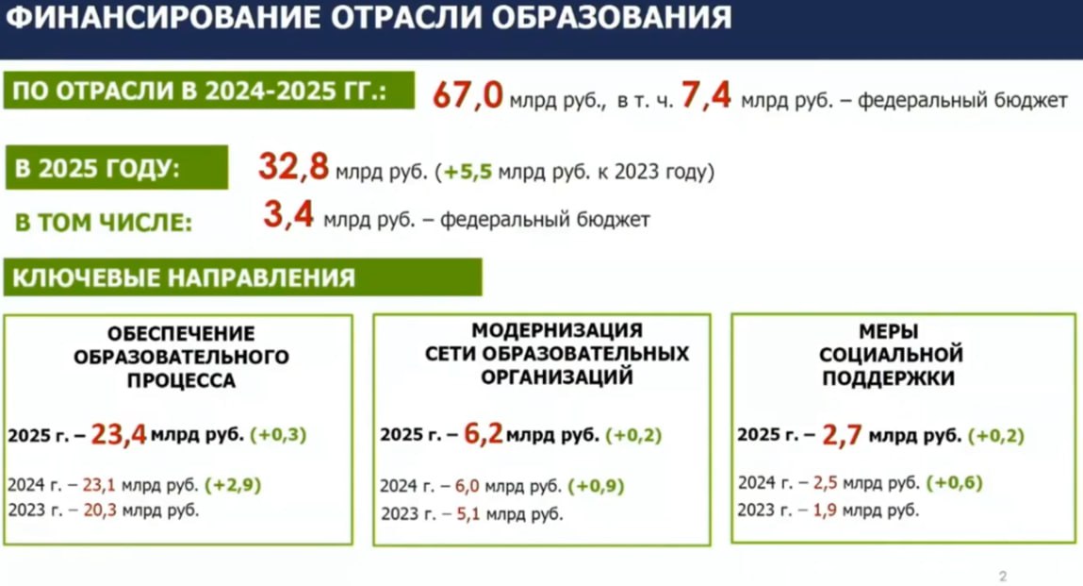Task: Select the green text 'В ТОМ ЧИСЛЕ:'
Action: [104, 223]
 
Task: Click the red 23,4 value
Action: [119, 434]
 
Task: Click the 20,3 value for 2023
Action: [99, 511]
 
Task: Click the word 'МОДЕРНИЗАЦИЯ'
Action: [558, 330]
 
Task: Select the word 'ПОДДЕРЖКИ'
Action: [890, 378]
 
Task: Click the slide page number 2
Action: [1003, 576]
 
